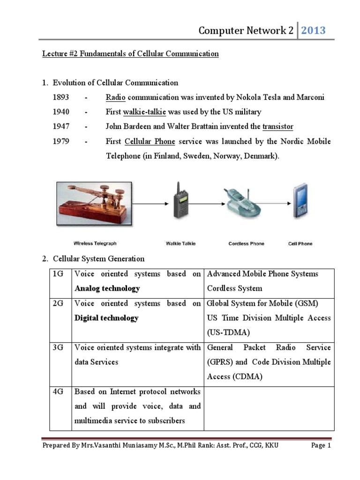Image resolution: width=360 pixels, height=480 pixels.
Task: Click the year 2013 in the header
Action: (313, 31)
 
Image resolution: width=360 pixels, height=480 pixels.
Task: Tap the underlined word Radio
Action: (115, 97)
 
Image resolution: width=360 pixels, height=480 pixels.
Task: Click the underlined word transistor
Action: (278, 127)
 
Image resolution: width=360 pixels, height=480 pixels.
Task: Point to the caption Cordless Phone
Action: (246, 243)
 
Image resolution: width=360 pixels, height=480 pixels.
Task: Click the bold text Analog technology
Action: (107, 288)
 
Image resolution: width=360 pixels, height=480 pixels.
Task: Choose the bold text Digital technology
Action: (106, 318)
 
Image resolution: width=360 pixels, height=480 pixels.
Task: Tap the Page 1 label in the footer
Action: (321, 446)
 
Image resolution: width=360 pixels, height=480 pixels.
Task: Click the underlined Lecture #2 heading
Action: (130, 54)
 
